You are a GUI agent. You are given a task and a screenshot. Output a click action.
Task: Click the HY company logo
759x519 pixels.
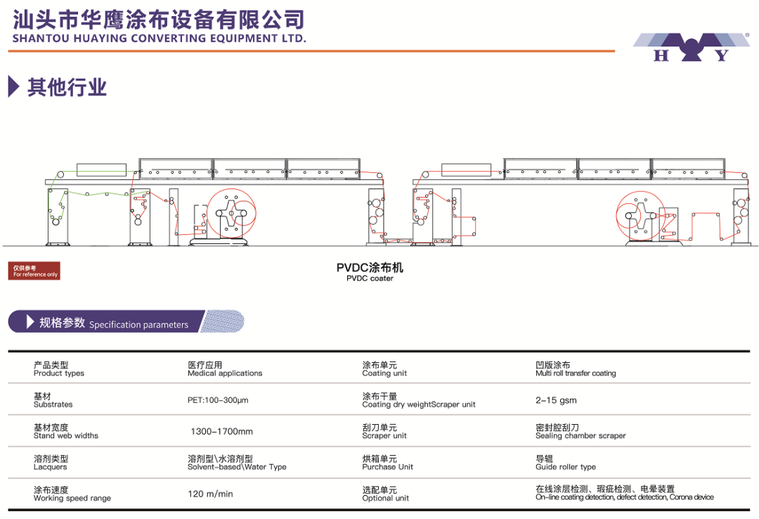coord(692,47)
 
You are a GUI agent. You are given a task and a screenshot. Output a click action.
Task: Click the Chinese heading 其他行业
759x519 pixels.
coord(67,87)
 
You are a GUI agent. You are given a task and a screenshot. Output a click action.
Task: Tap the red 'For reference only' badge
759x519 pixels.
coord(34,271)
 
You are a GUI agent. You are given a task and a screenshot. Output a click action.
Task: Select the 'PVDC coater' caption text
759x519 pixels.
coord(370,278)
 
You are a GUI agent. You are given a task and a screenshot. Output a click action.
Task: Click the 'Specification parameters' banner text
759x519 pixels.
coord(138,325)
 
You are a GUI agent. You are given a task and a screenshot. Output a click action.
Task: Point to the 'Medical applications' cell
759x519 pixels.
coord(225,373)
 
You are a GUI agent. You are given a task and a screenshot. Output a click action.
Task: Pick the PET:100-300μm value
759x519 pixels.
coord(218,400)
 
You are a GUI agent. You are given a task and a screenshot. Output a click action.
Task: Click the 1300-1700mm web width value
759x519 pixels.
coord(221,431)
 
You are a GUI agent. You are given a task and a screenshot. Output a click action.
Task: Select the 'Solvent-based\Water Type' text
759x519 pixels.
coord(238,467)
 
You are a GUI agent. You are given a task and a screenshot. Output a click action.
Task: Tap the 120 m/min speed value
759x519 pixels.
coord(211,494)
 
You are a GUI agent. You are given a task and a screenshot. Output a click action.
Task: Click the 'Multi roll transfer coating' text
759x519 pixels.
coord(576,373)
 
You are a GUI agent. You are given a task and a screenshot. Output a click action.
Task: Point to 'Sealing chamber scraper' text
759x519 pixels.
coord(580,436)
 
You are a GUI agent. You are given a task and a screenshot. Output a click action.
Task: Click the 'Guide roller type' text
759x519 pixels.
coord(565,467)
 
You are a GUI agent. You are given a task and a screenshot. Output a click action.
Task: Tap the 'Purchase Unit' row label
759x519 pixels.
coord(388,467)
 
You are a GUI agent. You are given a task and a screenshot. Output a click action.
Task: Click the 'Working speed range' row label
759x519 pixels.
coord(72,498)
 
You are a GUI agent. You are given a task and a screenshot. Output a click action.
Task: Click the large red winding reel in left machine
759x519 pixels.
coord(231,213)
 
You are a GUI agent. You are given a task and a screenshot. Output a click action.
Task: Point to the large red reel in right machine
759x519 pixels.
coord(641,216)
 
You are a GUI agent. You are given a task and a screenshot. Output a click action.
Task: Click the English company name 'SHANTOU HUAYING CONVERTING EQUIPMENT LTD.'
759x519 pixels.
coord(160,38)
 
